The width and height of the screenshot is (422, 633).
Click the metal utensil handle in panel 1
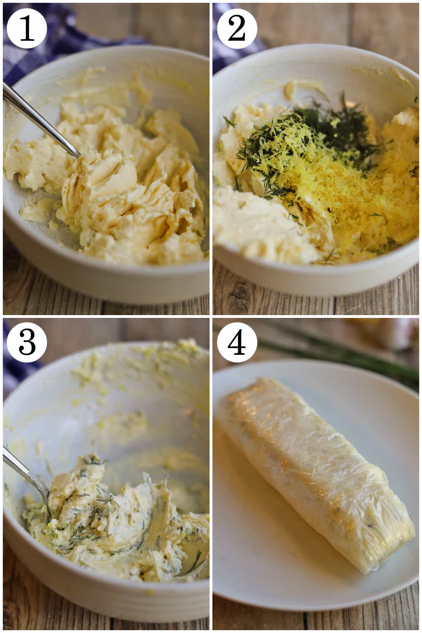tap(40, 120)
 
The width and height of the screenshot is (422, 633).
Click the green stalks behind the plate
tap(338, 359)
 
